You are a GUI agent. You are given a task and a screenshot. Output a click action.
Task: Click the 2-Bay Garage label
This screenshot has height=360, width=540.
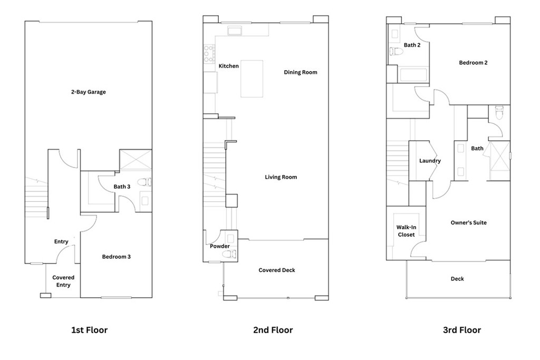tap(89, 92)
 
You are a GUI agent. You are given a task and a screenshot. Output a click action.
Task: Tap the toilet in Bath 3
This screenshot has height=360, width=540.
tap(144, 183)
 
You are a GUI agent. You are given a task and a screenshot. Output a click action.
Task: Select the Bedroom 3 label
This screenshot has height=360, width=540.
tap(117, 257)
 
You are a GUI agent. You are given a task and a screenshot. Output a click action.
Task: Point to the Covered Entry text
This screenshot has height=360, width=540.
tap(63, 281)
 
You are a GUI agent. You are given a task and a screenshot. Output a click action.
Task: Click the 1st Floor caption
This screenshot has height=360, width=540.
tap(89, 330)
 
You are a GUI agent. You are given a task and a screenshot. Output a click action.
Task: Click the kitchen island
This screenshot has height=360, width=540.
tap(252, 79)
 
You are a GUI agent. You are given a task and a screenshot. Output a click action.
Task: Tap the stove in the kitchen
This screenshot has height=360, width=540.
tap(207, 53)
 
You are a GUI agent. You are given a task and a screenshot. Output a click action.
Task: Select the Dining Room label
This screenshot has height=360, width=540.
tap(301, 72)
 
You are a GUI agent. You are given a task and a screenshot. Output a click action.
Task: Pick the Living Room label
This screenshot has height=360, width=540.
tap(281, 177)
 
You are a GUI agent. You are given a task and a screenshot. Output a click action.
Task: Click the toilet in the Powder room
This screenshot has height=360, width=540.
tap(227, 255)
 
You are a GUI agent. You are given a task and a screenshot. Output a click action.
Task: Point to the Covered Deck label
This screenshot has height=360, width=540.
tap(277, 270)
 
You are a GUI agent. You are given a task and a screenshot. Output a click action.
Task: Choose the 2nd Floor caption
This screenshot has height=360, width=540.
tap(273, 330)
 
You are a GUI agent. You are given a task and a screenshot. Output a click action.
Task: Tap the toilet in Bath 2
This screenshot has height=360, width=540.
tap(393, 52)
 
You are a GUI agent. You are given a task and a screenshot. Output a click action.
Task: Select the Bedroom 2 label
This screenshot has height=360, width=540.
tap(473, 63)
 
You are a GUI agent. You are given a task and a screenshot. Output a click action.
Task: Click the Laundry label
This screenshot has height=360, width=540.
tap(430, 161)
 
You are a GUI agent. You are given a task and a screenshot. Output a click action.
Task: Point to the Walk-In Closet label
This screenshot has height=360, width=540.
tap(406, 231)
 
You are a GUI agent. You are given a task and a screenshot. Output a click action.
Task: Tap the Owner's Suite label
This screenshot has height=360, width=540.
tap(468, 223)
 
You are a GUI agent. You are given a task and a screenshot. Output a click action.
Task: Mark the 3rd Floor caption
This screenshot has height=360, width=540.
tap(461, 330)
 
